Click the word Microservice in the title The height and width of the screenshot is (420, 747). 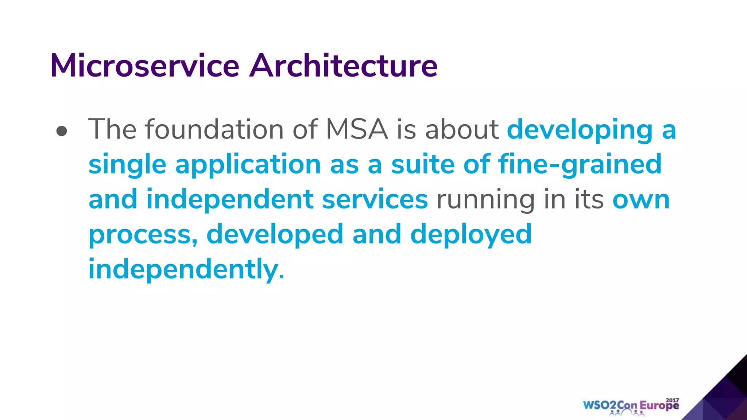coord(145,66)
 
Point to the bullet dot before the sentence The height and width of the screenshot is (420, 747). coord(62,131)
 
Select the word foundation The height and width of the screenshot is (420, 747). coord(214,129)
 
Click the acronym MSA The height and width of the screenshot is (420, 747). coord(356,129)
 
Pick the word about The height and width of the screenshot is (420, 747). coord(462,129)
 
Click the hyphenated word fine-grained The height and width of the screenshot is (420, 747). coord(580,165)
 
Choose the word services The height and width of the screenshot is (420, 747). coord(375,199)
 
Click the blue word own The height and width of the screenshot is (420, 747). coord(641,200)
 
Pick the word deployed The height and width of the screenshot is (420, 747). coord(471,235)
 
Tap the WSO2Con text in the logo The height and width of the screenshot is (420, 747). coord(610,405)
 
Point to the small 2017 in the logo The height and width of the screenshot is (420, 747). coord(672,400)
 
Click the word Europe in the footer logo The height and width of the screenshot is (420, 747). coord(659,406)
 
